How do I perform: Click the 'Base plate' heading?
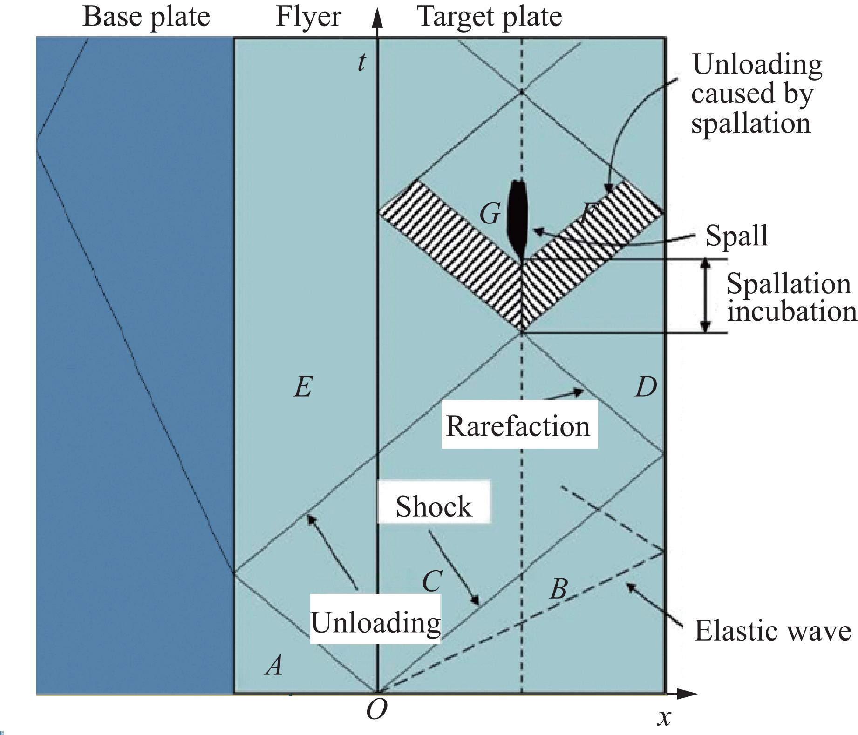(146, 17)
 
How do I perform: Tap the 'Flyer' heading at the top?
(308, 17)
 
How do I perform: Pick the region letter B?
(558, 589)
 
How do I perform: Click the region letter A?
(274, 665)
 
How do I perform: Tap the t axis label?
(361, 62)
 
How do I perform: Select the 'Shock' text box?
(434, 506)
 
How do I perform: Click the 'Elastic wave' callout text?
(772, 632)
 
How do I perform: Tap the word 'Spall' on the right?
(736, 236)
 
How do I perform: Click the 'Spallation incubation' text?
(791, 297)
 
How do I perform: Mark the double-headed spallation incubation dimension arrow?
(706, 296)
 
